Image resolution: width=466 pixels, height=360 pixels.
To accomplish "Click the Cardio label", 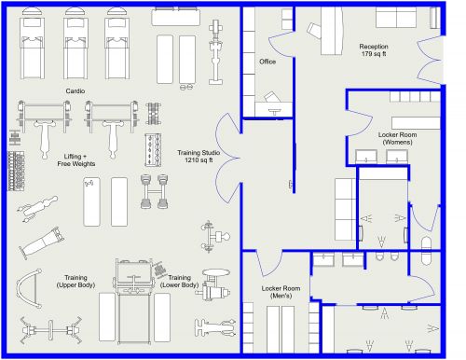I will [75, 90].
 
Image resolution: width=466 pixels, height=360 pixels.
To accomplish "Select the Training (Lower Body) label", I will [179, 281].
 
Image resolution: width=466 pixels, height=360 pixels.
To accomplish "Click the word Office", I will [267, 62].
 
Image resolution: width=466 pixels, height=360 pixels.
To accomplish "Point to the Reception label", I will [374, 46].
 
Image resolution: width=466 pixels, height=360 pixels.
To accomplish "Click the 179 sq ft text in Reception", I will [374, 54].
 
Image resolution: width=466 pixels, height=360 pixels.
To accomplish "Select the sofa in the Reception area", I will [396, 18].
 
